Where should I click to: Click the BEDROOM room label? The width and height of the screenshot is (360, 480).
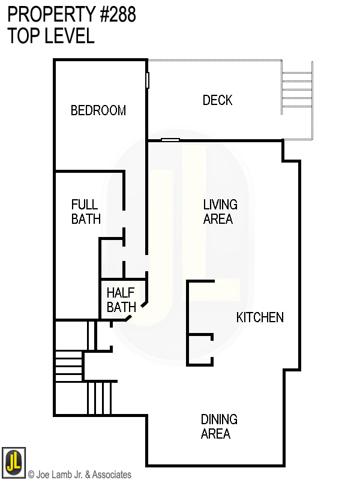(98, 110)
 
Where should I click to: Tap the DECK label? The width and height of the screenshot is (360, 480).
(217, 100)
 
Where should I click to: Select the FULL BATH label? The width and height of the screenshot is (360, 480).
(86, 212)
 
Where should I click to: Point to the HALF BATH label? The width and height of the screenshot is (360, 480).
(121, 300)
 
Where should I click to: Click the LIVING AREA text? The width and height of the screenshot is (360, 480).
(220, 212)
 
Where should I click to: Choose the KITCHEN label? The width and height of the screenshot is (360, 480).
(260, 317)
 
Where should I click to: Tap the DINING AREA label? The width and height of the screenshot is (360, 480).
(218, 427)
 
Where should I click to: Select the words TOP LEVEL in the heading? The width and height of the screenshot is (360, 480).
(51, 36)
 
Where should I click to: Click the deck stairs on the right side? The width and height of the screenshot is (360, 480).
(297, 93)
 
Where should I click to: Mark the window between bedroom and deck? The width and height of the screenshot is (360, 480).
(148, 80)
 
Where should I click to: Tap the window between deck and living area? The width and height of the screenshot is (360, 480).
(170, 140)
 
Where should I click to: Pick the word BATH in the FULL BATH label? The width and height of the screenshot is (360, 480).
(86, 219)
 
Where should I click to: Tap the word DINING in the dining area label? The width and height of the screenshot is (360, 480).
(219, 419)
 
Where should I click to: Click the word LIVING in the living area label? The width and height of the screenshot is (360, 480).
(220, 205)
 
